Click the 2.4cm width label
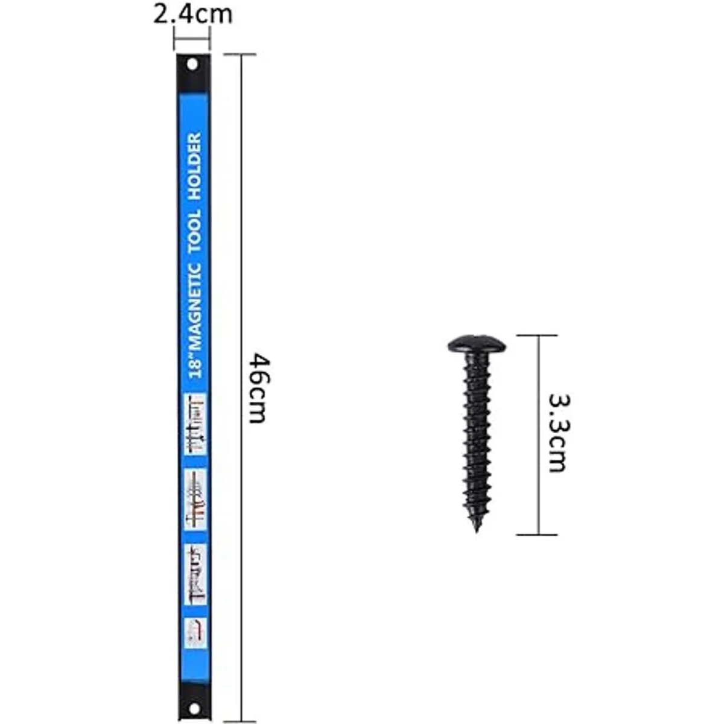pos(192,14)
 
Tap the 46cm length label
pos(259,387)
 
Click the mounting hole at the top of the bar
pos(192,65)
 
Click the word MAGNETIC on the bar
pos(195,306)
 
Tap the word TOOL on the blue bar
pos(195,230)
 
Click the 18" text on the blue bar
pos(195,365)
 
